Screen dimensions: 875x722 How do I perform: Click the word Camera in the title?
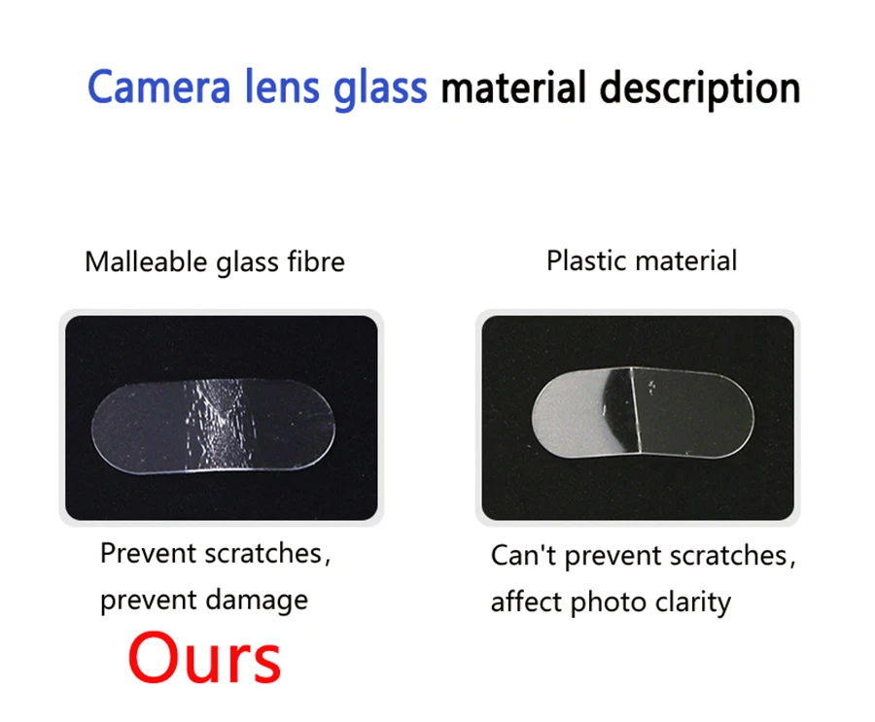(159, 86)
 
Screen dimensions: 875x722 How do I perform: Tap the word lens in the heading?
(282, 86)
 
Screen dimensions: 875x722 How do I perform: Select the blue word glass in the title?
(380, 88)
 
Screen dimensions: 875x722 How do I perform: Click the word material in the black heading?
(513, 87)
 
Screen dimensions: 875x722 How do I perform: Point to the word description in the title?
(700, 88)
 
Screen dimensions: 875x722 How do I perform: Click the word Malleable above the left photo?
(146, 261)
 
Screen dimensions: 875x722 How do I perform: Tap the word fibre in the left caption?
(316, 261)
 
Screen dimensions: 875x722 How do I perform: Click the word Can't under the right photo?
(523, 556)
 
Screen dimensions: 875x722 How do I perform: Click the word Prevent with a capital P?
(149, 554)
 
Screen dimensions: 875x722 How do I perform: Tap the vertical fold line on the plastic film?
(635, 410)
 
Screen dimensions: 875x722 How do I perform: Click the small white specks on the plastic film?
(650, 387)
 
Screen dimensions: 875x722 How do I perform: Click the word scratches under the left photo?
(263, 554)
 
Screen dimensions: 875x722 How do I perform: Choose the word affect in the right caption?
(526, 602)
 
